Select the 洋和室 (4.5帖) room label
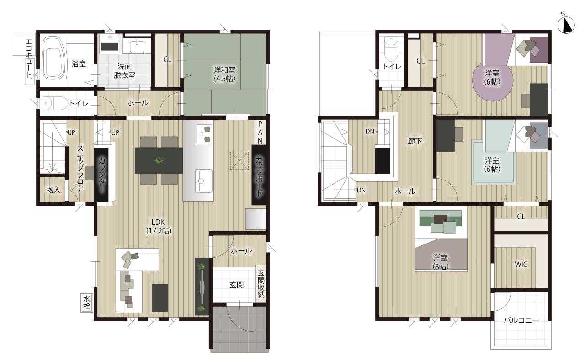click(x=224, y=74)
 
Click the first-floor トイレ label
click(x=79, y=104)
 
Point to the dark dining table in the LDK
click(x=159, y=160)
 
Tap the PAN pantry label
click(x=260, y=132)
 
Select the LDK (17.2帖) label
click(x=159, y=226)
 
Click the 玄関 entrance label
click(x=237, y=285)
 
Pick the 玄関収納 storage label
click(x=261, y=284)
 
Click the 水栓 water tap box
click(x=86, y=302)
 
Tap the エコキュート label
click(x=29, y=58)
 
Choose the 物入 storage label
click(x=53, y=190)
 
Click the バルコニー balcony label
click(x=521, y=320)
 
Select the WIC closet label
click(x=521, y=265)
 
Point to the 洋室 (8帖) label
click(x=441, y=262)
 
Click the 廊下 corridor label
click(x=415, y=141)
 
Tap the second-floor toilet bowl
click(x=391, y=50)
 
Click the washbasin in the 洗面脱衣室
click(x=137, y=47)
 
